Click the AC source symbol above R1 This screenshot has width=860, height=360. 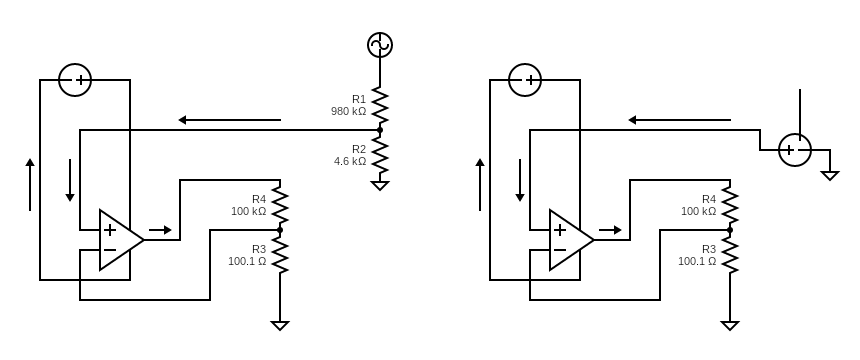pos(380,45)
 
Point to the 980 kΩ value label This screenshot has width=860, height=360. pos(348,111)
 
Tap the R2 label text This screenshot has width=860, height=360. pos(358,149)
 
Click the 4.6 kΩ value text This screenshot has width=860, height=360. pos(350,161)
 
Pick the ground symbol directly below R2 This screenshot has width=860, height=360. pos(380,185)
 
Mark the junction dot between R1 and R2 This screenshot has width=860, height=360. pos(380,130)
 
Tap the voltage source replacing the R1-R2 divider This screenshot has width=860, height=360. pos(795,150)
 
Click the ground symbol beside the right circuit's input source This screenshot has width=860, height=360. pos(829,175)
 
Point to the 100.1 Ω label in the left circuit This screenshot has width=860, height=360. pos(247,261)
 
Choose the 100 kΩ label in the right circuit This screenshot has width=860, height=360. pos(698,211)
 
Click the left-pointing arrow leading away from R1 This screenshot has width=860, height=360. pos(230,120)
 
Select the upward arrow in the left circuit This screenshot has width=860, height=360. pos(30,185)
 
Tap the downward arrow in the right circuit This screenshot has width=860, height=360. pos(520,180)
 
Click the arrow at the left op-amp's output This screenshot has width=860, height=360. pos(160,230)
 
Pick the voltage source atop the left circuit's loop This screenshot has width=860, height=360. pos(75,80)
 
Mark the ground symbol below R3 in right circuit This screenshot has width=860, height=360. pos(730,325)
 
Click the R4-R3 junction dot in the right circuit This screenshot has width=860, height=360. pos(730,230)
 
